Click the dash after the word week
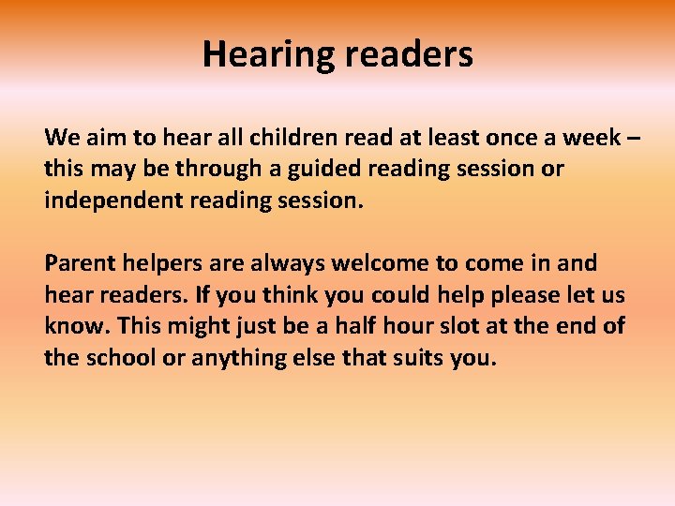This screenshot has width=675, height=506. (634, 138)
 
